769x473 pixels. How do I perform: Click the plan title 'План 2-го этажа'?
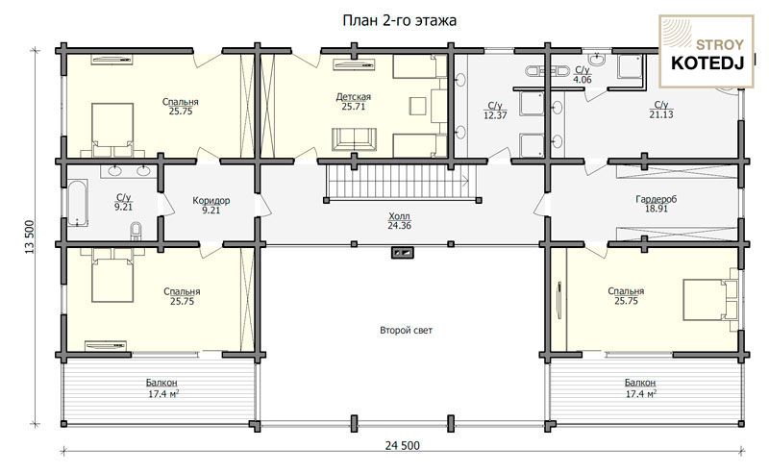[399, 20]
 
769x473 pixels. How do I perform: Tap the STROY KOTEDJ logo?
[707, 51]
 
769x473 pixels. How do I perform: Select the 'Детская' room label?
[353, 97]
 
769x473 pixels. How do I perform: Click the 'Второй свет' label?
[406, 330]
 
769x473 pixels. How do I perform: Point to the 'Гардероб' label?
[657, 199]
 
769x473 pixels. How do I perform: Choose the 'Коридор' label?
[211, 201]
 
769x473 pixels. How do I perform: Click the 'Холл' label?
[399, 216]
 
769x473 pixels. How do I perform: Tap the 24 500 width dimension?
[403, 445]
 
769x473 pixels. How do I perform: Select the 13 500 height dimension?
[30, 236]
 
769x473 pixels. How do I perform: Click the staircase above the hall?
[401, 182]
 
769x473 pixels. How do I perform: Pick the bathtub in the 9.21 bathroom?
[78, 203]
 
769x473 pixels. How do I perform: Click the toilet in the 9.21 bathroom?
[136, 231]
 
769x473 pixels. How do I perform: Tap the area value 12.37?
[495, 115]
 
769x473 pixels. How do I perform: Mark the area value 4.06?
[583, 80]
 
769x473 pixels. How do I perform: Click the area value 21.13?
[661, 114]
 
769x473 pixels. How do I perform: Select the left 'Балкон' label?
[161, 383]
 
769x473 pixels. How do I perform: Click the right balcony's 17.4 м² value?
[641, 393]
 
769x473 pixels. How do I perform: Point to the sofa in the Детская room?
[354, 139]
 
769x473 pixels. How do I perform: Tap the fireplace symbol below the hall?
[403, 253]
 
